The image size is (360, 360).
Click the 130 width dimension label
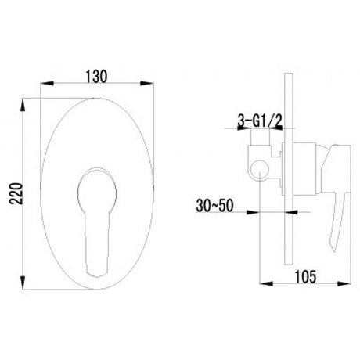pos(96,77)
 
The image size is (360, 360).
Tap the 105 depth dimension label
pos(305,276)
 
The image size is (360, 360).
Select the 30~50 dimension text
pos(214,206)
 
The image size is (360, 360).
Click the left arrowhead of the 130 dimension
pos(46,84)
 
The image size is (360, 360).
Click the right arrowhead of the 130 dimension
pos(147,84)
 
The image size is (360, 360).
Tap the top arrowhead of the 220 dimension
pos(23,105)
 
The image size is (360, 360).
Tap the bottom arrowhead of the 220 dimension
pos(23,283)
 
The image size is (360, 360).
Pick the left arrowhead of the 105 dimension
pos(266,283)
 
